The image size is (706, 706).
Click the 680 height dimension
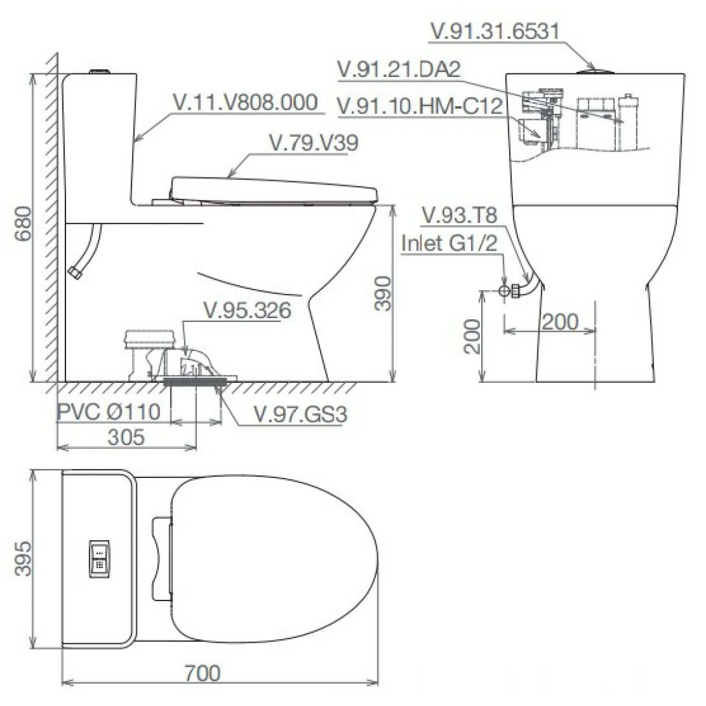(x=23, y=223)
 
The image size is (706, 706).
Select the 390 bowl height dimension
(x=383, y=293)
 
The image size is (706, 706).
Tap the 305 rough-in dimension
(x=126, y=437)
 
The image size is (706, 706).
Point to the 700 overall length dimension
(x=202, y=674)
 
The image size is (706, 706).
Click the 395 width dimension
(x=23, y=558)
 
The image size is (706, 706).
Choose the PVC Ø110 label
(x=109, y=411)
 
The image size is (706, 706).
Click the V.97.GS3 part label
(x=301, y=415)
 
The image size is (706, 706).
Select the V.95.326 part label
(x=247, y=311)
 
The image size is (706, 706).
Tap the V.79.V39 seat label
(x=313, y=142)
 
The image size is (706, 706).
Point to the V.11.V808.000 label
(x=246, y=102)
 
